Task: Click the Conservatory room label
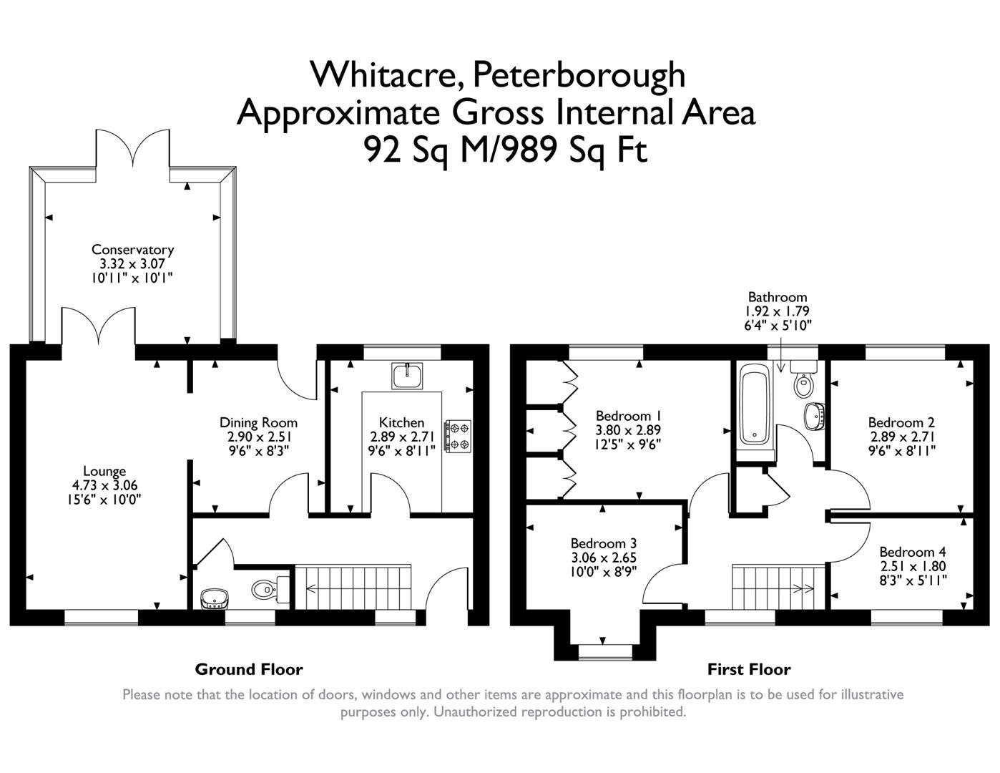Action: [132, 250]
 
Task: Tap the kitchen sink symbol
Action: [407, 375]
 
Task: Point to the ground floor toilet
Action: [270, 589]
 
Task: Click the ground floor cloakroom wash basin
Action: [212, 598]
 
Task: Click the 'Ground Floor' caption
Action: [249, 669]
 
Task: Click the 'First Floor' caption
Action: [748, 669]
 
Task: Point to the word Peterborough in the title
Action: [579, 74]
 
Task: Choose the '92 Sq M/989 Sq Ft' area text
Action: [506, 150]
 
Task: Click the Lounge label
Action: [104, 471]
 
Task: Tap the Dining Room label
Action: [258, 422]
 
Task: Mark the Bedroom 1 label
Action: [628, 416]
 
